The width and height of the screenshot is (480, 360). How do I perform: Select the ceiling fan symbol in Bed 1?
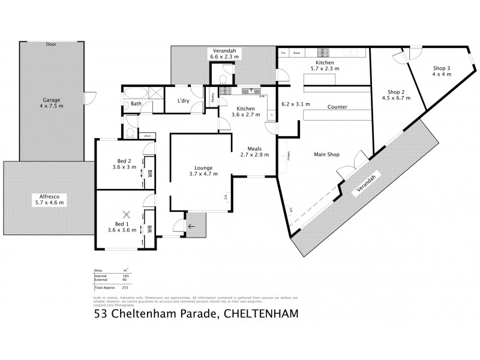[127, 214]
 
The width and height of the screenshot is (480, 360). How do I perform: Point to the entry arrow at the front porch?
[191, 226]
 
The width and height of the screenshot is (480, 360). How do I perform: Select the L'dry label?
[183, 101]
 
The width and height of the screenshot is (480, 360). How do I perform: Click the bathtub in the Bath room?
[133, 93]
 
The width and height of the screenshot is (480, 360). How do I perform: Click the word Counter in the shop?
[337, 107]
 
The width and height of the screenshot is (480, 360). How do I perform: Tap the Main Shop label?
[327, 154]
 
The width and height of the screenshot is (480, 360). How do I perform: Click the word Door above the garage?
[50, 44]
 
